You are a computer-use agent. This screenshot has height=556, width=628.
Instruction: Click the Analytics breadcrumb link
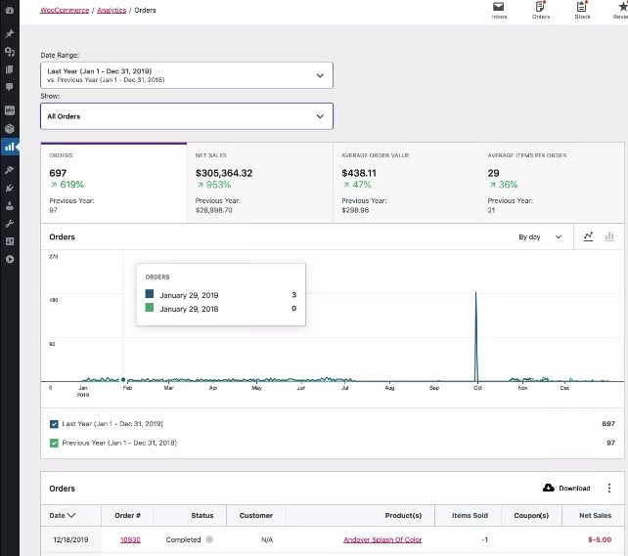pos(112,10)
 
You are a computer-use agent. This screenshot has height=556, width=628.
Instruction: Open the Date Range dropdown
pos(186,75)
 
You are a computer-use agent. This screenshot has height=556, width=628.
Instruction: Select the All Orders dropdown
pos(186,116)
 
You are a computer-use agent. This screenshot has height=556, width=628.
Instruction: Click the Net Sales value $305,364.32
pos(224,173)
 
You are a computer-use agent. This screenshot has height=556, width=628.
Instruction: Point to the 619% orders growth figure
pos(67,185)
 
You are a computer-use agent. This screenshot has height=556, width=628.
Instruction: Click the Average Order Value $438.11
pos(359,173)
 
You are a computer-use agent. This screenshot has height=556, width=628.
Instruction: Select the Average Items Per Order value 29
pos(494,173)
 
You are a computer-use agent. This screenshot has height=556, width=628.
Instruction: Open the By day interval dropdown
pos(540,236)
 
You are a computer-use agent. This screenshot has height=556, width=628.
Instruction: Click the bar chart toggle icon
pos(609,236)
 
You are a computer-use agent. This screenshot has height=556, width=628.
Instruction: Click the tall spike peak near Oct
pos(475,293)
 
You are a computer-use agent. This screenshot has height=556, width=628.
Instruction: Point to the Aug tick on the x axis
pos(389,388)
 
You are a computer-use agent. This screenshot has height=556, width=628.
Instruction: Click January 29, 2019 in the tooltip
pos(189,294)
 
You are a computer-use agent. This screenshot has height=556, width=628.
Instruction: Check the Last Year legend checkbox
pos(54,424)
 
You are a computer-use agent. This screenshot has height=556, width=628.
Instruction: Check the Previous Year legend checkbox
pos(54,443)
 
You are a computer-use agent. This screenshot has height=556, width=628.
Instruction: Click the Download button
pos(566,488)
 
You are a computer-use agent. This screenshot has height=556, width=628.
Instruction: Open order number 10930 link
pos(130,539)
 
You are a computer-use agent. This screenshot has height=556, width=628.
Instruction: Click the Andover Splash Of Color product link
pos(382,539)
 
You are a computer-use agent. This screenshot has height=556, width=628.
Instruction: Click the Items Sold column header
pos(471,515)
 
